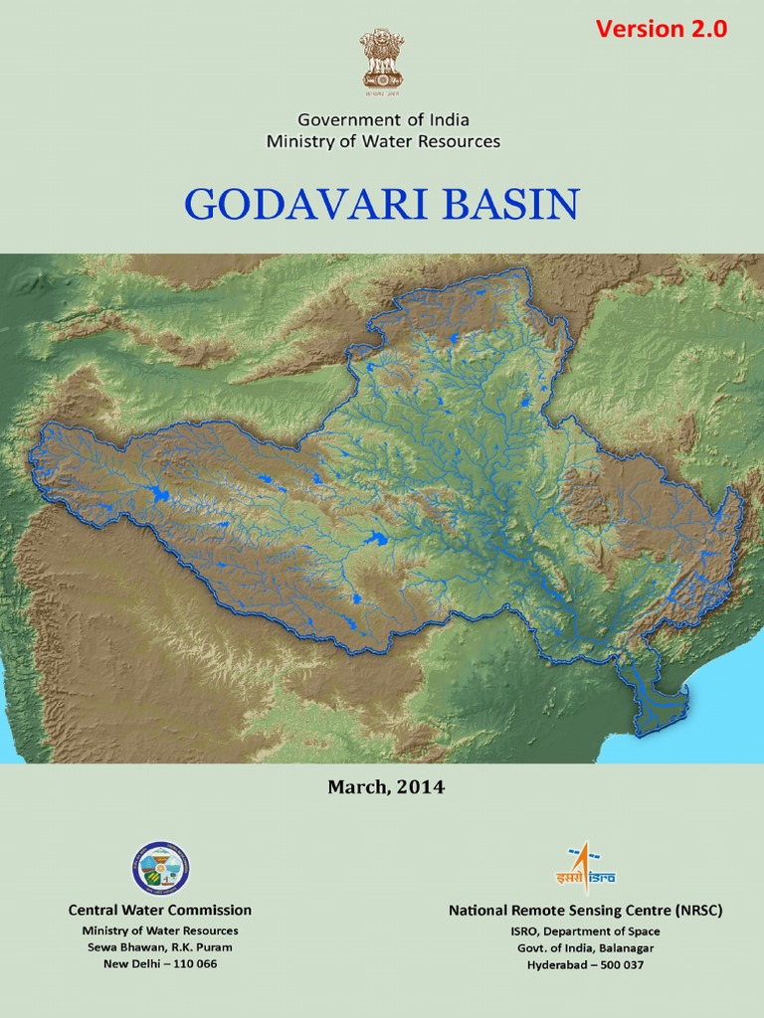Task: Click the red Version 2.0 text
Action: point(662,29)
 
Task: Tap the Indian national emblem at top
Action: point(383,60)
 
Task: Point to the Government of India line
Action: point(383,119)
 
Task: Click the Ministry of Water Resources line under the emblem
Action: point(383,141)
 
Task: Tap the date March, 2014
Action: point(386,787)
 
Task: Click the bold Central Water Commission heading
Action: point(160,910)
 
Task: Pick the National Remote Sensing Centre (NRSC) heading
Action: point(585,910)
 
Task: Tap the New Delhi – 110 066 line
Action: point(160,964)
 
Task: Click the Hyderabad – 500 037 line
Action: point(585,964)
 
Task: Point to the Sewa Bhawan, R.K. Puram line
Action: point(160,947)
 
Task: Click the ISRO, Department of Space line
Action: point(585,932)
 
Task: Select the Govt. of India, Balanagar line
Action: point(585,947)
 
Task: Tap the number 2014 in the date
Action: point(422,787)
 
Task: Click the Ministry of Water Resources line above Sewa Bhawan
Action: point(160,931)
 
